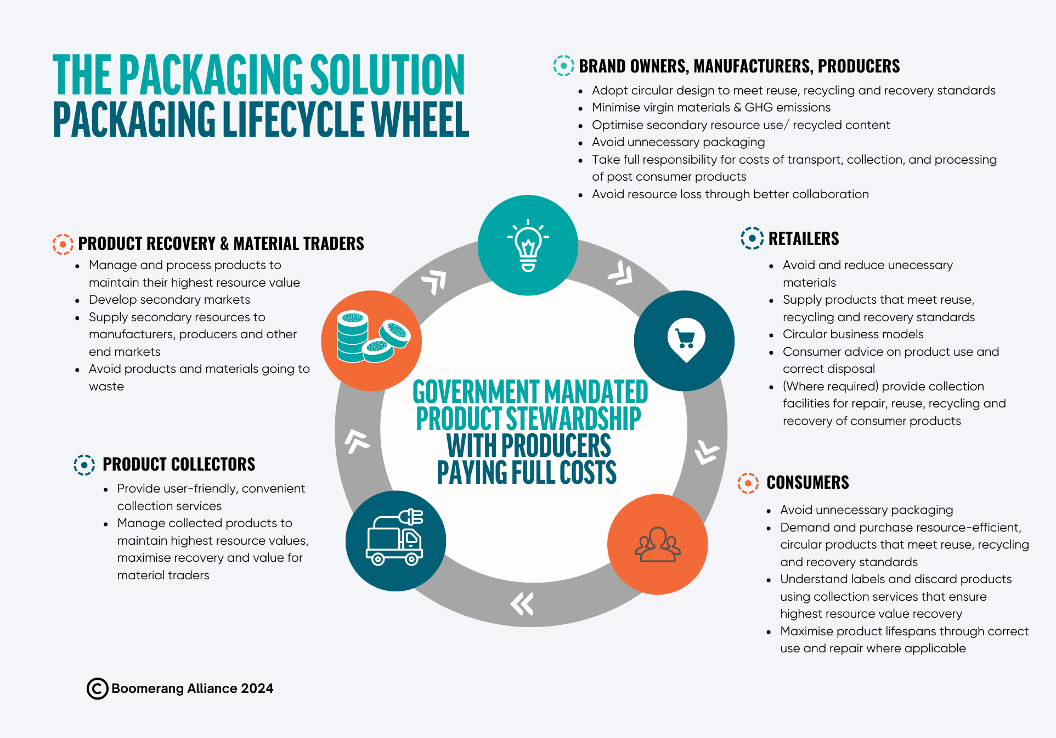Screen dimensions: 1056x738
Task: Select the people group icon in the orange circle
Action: pos(658,544)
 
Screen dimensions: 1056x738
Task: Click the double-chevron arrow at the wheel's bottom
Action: pos(522,603)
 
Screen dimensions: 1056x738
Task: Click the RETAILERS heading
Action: pos(804,239)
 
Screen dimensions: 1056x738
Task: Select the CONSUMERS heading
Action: pos(807,483)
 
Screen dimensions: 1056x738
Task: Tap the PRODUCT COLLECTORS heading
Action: pos(179,465)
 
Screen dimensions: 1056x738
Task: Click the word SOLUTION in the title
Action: pos(388,75)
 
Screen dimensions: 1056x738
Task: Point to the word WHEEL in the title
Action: pos(421,119)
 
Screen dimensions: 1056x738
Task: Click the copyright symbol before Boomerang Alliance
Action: pos(97,689)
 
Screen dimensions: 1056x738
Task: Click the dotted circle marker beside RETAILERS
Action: pos(752,238)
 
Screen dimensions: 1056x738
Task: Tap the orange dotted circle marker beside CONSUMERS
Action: pos(748,483)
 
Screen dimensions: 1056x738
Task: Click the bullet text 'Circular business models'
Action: pos(853,334)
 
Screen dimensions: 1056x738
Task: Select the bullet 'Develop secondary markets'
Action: pos(170,300)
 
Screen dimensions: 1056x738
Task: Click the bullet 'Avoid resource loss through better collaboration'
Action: pos(730,194)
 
